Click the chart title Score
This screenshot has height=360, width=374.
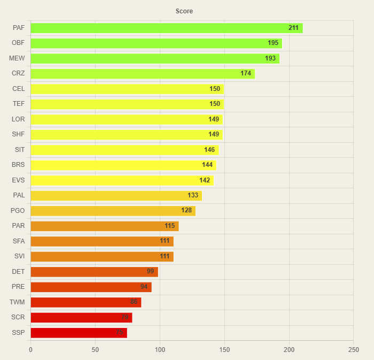click(x=184, y=11)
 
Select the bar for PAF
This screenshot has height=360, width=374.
click(x=166, y=28)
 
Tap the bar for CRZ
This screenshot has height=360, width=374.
click(x=142, y=73)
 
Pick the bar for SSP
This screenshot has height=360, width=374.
click(x=79, y=333)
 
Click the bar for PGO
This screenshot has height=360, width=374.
click(x=113, y=211)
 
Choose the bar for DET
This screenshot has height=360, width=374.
click(x=94, y=272)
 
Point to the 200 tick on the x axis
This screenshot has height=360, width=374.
click(x=289, y=350)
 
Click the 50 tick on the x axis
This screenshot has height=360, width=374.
click(x=95, y=350)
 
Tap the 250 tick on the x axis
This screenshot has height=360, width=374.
click(x=353, y=350)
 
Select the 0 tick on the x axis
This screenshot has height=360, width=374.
click(x=30, y=350)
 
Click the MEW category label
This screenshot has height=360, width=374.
click(x=17, y=58)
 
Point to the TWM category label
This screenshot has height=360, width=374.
click(x=17, y=302)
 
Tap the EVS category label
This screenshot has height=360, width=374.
click(x=18, y=180)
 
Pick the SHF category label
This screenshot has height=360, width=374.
click(x=18, y=134)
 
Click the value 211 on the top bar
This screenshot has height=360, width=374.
click(x=293, y=28)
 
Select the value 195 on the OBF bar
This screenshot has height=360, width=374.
click(x=273, y=43)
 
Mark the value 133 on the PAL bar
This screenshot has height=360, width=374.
click(x=193, y=195)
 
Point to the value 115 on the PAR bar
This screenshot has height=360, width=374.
click(x=170, y=226)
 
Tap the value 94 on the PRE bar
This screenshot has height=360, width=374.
click(x=144, y=287)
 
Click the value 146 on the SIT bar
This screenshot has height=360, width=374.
click(x=209, y=150)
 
